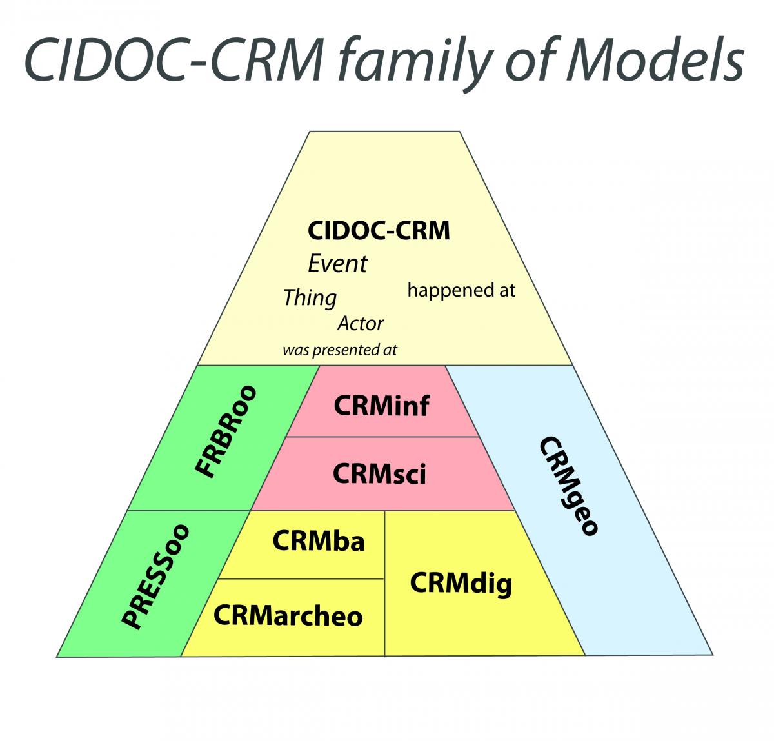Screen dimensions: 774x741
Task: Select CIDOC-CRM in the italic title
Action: tap(174, 60)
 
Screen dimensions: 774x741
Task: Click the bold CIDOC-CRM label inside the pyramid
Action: tap(379, 230)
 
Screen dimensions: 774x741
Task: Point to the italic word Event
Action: tap(338, 263)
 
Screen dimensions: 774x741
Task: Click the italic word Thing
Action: tap(310, 299)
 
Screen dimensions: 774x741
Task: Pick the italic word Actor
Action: tap(361, 323)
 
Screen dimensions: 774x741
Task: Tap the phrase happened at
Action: tap(461, 291)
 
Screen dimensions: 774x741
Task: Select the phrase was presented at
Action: tap(340, 350)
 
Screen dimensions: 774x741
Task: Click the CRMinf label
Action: tap(381, 406)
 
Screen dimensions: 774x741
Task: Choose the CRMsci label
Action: tap(379, 474)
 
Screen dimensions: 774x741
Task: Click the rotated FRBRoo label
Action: tap(226, 431)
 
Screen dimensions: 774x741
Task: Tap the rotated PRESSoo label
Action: tap(155, 577)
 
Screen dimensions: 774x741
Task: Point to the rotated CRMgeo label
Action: tap(568, 486)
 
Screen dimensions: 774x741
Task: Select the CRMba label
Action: tap(318, 541)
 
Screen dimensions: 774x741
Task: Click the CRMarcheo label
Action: tap(288, 616)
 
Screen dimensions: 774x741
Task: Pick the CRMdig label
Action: tap(461, 584)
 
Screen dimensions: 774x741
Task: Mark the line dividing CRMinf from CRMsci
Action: tap(382, 437)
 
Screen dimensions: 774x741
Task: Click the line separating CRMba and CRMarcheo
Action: tap(301, 578)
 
